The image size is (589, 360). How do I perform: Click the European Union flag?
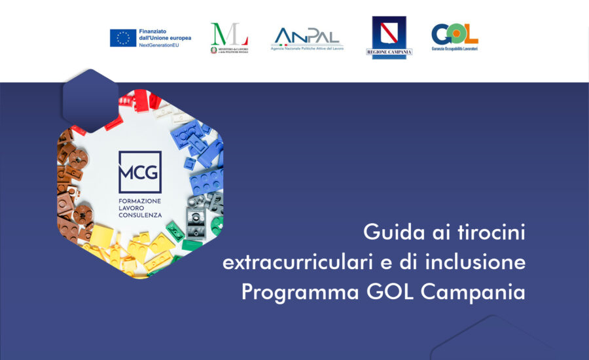tap(123, 37)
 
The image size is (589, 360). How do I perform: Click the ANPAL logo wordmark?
tap(307, 35)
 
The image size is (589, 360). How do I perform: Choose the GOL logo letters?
tap(454, 33)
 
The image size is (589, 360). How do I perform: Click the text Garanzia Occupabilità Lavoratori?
tap(454, 48)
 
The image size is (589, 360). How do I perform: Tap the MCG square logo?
tap(139, 171)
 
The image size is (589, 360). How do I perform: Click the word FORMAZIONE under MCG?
tap(139, 200)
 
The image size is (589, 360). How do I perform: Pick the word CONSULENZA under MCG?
tap(139, 216)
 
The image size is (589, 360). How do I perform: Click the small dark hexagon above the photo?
tap(90, 99)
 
